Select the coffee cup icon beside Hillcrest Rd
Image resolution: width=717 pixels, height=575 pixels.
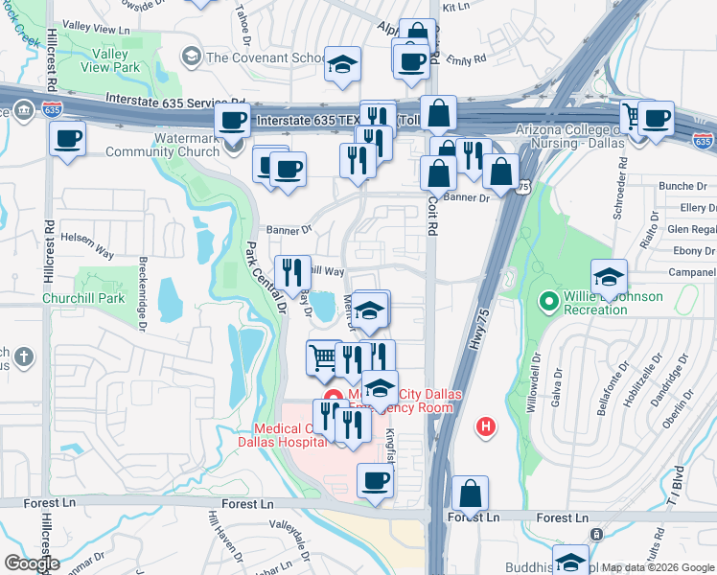(x=67, y=139)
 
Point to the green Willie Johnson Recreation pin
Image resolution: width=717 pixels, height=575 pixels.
(x=549, y=303)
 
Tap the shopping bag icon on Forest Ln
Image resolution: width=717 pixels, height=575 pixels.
(x=470, y=495)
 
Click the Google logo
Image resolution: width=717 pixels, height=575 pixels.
(x=32, y=563)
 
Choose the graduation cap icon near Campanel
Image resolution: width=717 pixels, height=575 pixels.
(x=609, y=279)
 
